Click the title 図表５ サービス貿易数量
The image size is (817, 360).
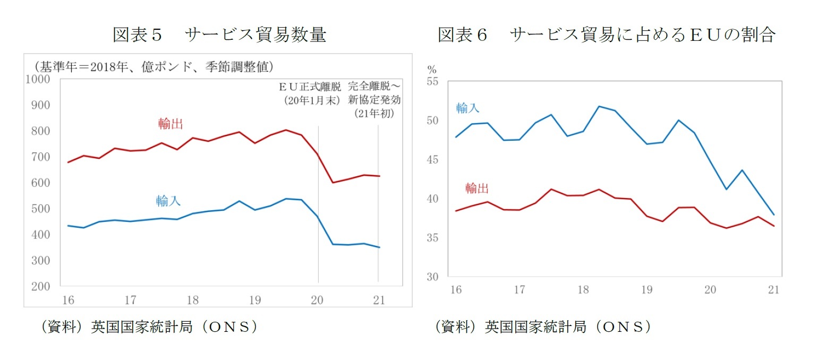[219, 35]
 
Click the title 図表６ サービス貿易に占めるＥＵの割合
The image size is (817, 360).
[606, 35]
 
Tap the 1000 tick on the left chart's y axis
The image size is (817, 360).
[38, 79]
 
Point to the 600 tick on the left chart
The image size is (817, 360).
[41, 183]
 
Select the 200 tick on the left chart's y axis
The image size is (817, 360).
[41, 286]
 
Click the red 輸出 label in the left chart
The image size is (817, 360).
[171, 124]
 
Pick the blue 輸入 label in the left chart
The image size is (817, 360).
[168, 201]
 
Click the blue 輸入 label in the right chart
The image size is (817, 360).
[467, 108]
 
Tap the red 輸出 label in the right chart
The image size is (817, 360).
[476, 188]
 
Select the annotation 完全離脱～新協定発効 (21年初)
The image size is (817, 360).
[375, 99]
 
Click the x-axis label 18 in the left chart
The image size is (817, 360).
[192, 301]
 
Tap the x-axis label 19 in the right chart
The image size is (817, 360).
[646, 290]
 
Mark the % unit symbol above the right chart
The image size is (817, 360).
[432, 70]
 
